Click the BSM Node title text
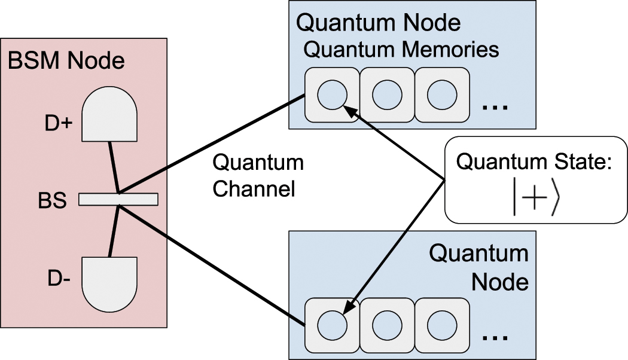pyautogui.click(x=66, y=60)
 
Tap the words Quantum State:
pyautogui.click(x=535, y=161)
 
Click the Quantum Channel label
pyautogui.click(x=258, y=176)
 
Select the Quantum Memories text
pyautogui.click(x=401, y=49)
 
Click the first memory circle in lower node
pyautogui.click(x=332, y=326)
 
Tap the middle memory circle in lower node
pyautogui.click(x=387, y=326)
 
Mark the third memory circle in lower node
pyautogui.click(x=442, y=326)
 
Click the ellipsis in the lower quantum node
pyautogui.click(x=495, y=338)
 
